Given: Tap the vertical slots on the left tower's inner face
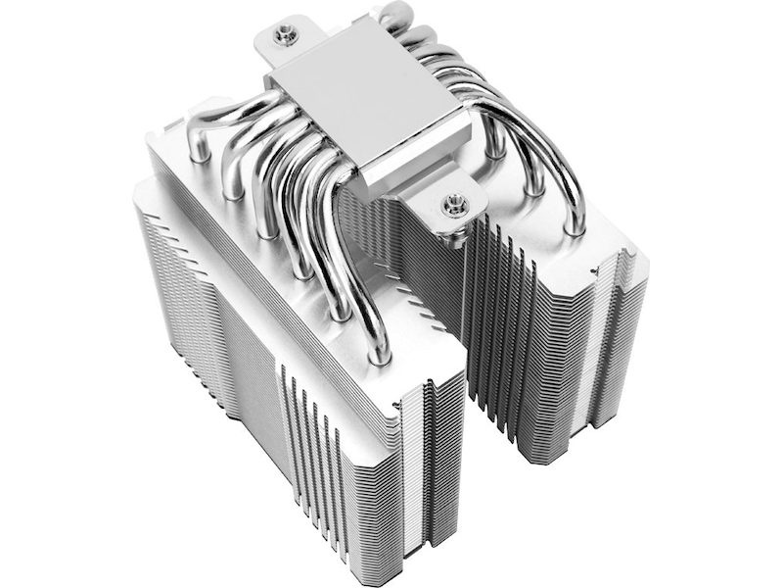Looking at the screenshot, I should click(x=313, y=431).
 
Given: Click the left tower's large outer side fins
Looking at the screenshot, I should click(x=196, y=323).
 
